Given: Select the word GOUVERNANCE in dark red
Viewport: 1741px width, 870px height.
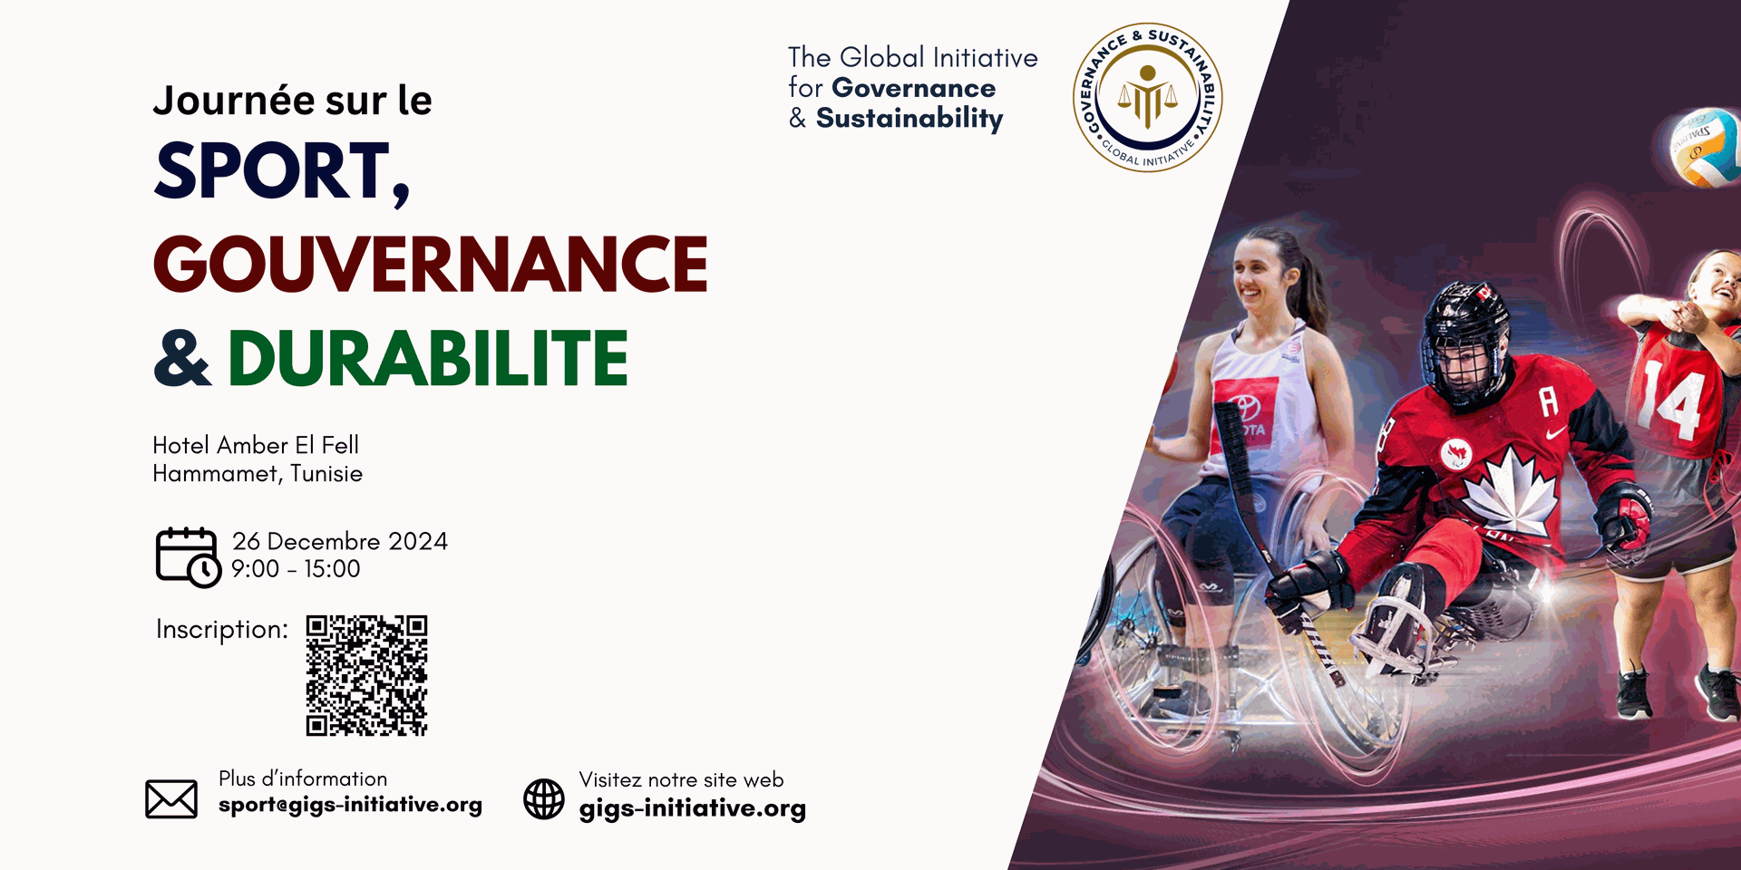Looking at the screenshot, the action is [x=431, y=264].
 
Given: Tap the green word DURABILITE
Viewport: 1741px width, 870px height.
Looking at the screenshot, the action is [x=428, y=358].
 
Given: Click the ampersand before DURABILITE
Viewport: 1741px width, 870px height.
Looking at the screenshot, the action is [x=183, y=358].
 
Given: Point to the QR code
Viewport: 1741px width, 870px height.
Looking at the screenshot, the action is [x=366, y=675].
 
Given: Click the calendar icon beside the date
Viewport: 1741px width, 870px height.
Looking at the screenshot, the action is [x=188, y=556].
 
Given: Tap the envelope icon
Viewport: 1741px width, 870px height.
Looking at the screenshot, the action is [x=171, y=798].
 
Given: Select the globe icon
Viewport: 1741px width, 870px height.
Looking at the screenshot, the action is [x=544, y=799].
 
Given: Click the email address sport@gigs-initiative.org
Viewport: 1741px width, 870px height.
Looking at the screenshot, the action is [x=350, y=805].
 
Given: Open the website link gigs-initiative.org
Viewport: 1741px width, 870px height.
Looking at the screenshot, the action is [x=693, y=808].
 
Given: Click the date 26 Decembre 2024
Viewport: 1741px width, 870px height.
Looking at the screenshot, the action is [x=340, y=541].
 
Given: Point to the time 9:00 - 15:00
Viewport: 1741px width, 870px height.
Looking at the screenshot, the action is [x=296, y=569].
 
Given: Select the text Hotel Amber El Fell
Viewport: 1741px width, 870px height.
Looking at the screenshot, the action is [x=256, y=445].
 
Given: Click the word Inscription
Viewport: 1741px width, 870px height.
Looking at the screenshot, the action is [x=222, y=630].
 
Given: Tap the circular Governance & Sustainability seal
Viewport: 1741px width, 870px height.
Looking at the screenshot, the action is [x=1148, y=98].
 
